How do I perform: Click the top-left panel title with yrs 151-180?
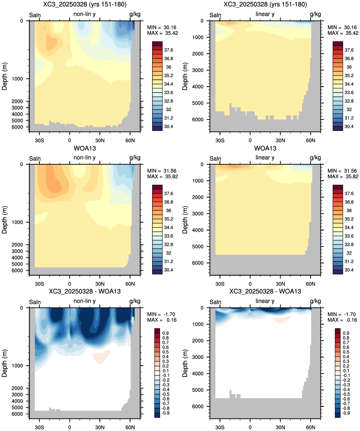[x=85, y=4]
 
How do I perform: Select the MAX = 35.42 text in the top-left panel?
[x=162, y=33]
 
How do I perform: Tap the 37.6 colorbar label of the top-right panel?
[x=349, y=50]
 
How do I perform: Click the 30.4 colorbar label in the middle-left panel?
[x=168, y=270]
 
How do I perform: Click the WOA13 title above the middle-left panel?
[x=85, y=148]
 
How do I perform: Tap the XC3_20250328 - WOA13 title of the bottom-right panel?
[x=265, y=291]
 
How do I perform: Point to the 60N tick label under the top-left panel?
[x=130, y=140]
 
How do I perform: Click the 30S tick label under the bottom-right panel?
[x=220, y=427]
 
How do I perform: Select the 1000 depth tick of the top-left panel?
[x=17, y=79]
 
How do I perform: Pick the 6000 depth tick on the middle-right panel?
[x=198, y=263]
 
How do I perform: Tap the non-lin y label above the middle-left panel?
[x=84, y=158]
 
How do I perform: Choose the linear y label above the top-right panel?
[x=265, y=14]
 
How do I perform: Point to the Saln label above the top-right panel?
[x=215, y=15]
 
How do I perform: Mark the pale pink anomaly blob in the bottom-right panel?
[x=282, y=320]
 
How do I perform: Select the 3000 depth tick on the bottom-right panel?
[x=198, y=357]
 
